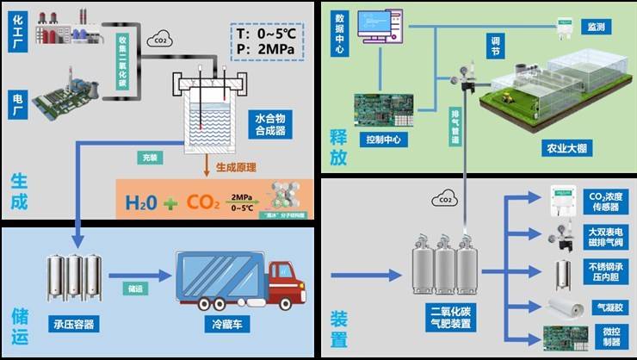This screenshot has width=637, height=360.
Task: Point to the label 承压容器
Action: pyautogui.click(x=73, y=325)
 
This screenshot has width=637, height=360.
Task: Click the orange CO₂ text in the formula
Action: pyautogui.click(x=202, y=203)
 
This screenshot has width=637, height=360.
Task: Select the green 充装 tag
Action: pyautogui.click(x=151, y=158)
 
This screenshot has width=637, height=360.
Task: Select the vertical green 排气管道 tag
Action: pyautogui.click(x=455, y=124)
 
